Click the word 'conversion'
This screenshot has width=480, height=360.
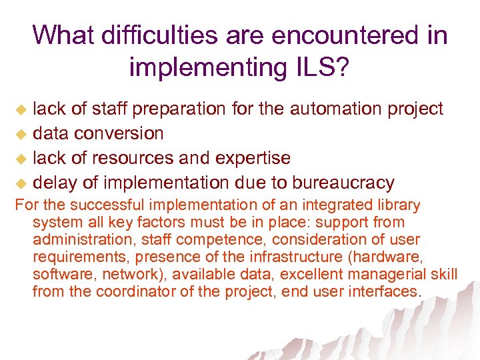[x=119, y=133]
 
